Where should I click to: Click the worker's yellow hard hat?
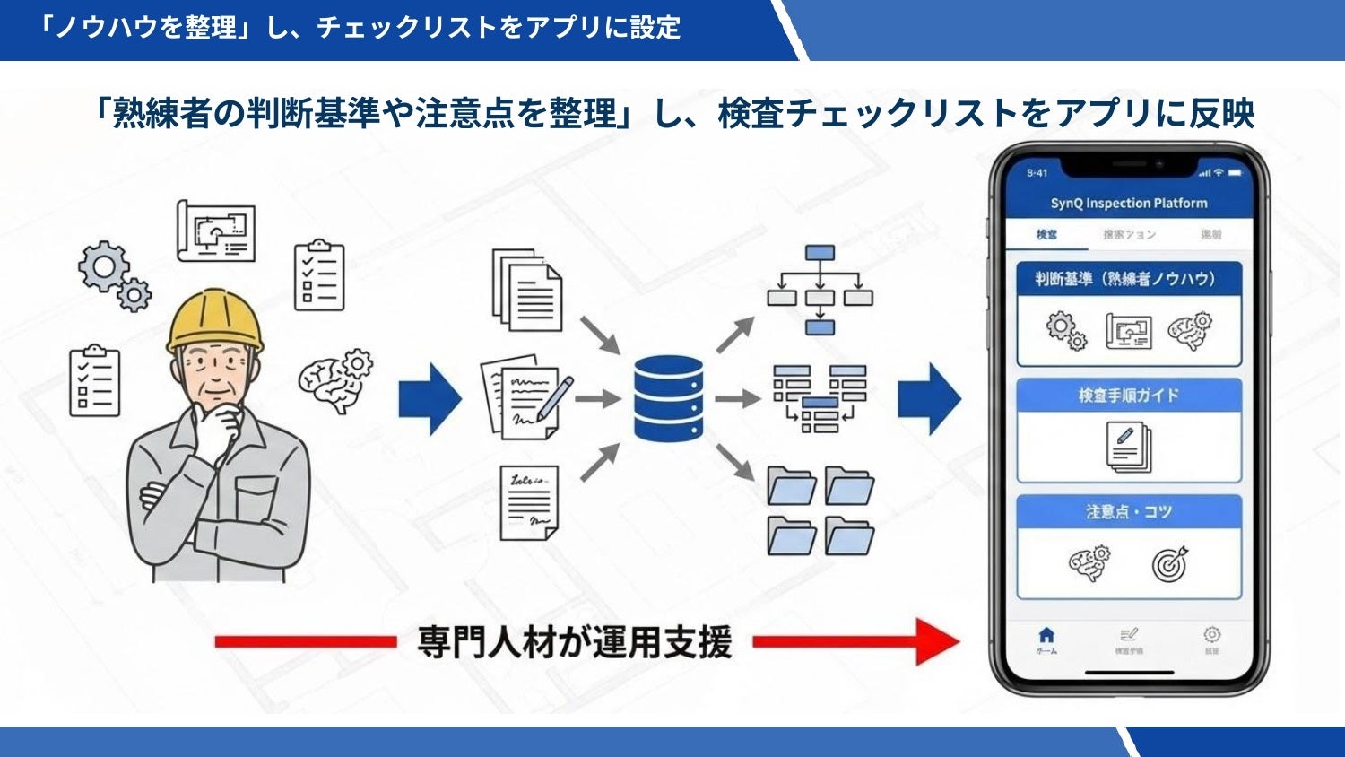coord(215,320)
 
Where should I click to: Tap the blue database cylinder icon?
coord(668,398)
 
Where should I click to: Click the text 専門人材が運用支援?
coord(575,642)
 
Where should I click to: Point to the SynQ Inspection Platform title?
coord(1129,204)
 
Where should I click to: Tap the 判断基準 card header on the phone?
coord(1128,279)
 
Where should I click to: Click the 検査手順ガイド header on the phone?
coord(1128,396)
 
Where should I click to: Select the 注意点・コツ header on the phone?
coord(1128,512)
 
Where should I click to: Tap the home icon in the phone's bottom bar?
coord(1046,636)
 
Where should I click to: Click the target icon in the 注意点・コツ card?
coord(1170,563)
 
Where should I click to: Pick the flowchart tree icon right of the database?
coord(820,289)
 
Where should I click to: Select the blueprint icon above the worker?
coord(216,231)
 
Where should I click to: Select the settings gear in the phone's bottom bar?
coord(1211,635)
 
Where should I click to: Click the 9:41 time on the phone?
coord(1037,173)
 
